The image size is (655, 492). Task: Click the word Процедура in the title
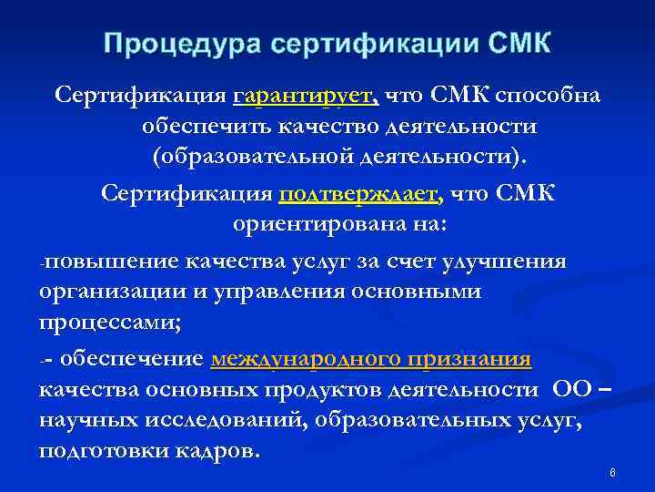point(166,44)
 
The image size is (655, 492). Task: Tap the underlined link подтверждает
point(362,194)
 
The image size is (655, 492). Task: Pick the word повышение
point(110,261)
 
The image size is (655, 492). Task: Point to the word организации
point(108,292)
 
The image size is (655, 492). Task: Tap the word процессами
point(100,323)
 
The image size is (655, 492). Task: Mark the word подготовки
point(99,451)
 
